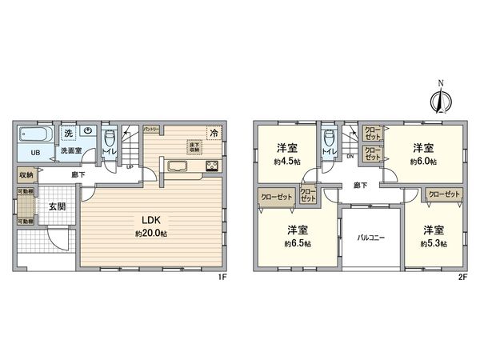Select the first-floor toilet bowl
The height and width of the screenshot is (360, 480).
(x=106, y=138)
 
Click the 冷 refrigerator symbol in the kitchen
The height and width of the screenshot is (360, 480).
(x=213, y=133)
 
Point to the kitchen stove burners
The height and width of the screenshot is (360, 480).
(x=211, y=166)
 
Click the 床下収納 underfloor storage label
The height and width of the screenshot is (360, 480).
(x=194, y=146)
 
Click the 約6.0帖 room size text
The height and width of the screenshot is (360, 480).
(x=422, y=162)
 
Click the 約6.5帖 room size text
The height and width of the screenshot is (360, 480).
(x=297, y=244)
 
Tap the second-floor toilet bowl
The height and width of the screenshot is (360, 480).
(x=327, y=138)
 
